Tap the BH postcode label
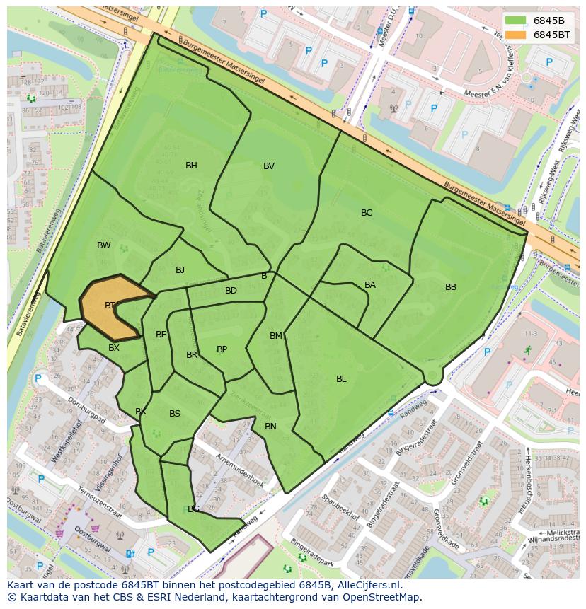[x=191, y=166]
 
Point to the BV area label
[x=269, y=166]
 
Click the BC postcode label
[x=367, y=213]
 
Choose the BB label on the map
[x=451, y=287]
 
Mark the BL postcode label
[x=341, y=379]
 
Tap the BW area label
[x=104, y=245]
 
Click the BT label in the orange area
[x=110, y=306]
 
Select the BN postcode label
[x=270, y=427]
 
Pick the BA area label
[x=370, y=285]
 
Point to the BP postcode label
[x=222, y=349]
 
